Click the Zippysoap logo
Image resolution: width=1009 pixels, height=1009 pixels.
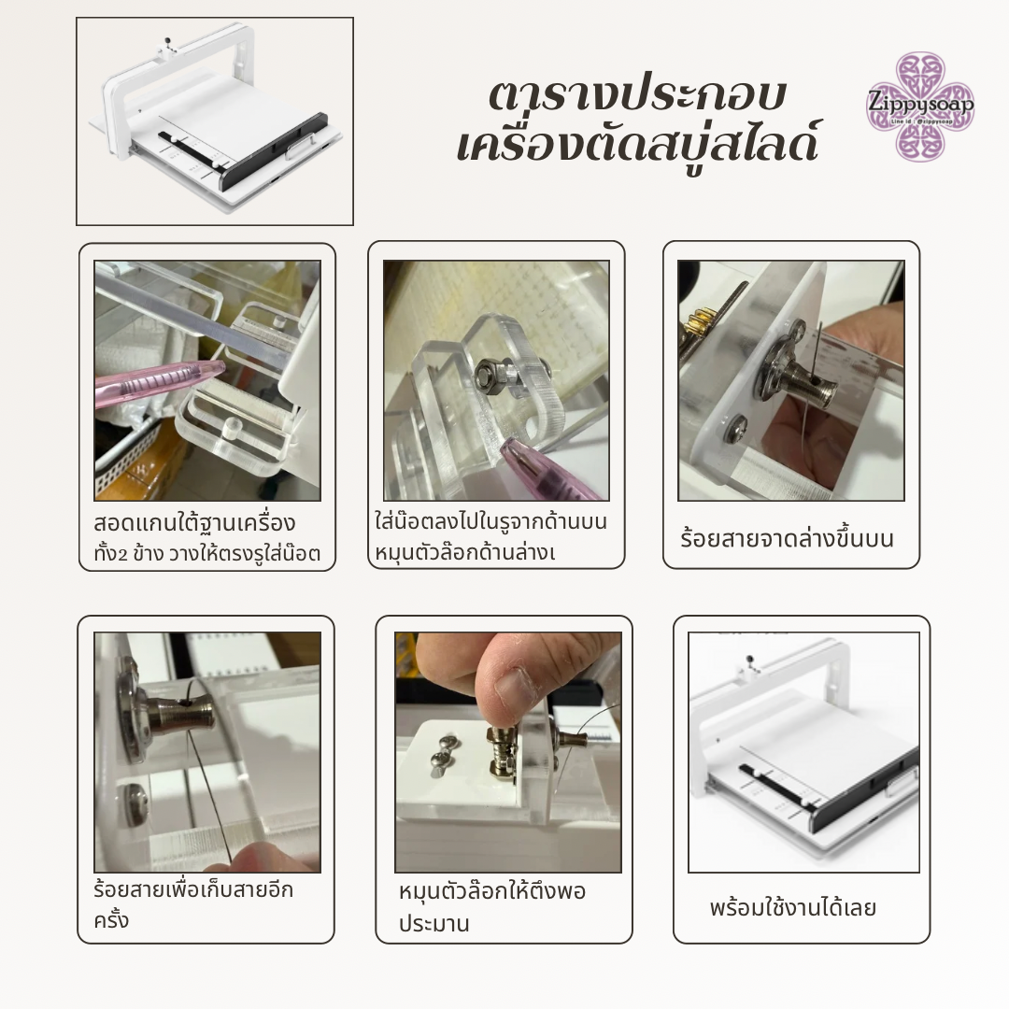point(920,107)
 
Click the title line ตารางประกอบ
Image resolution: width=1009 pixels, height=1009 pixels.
point(638,96)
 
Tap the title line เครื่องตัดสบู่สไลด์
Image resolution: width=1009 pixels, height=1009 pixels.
point(638,142)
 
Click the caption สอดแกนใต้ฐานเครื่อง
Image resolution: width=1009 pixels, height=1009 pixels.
point(194,523)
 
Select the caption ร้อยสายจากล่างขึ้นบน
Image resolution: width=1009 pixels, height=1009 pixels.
point(787,539)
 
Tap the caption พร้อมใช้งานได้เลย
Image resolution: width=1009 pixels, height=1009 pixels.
point(793,908)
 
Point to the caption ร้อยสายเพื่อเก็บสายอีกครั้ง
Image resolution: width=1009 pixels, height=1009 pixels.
point(193,904)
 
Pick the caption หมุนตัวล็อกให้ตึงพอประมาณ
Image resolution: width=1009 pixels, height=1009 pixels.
point(491,907)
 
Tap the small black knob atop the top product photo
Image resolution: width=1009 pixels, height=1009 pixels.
point(168,41)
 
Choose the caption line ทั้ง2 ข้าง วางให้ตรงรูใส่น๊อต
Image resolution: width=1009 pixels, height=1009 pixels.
point(206,553)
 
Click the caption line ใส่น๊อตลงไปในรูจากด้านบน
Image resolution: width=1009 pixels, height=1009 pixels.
point(491,522)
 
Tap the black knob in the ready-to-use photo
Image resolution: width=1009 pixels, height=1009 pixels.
point(749,659)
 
